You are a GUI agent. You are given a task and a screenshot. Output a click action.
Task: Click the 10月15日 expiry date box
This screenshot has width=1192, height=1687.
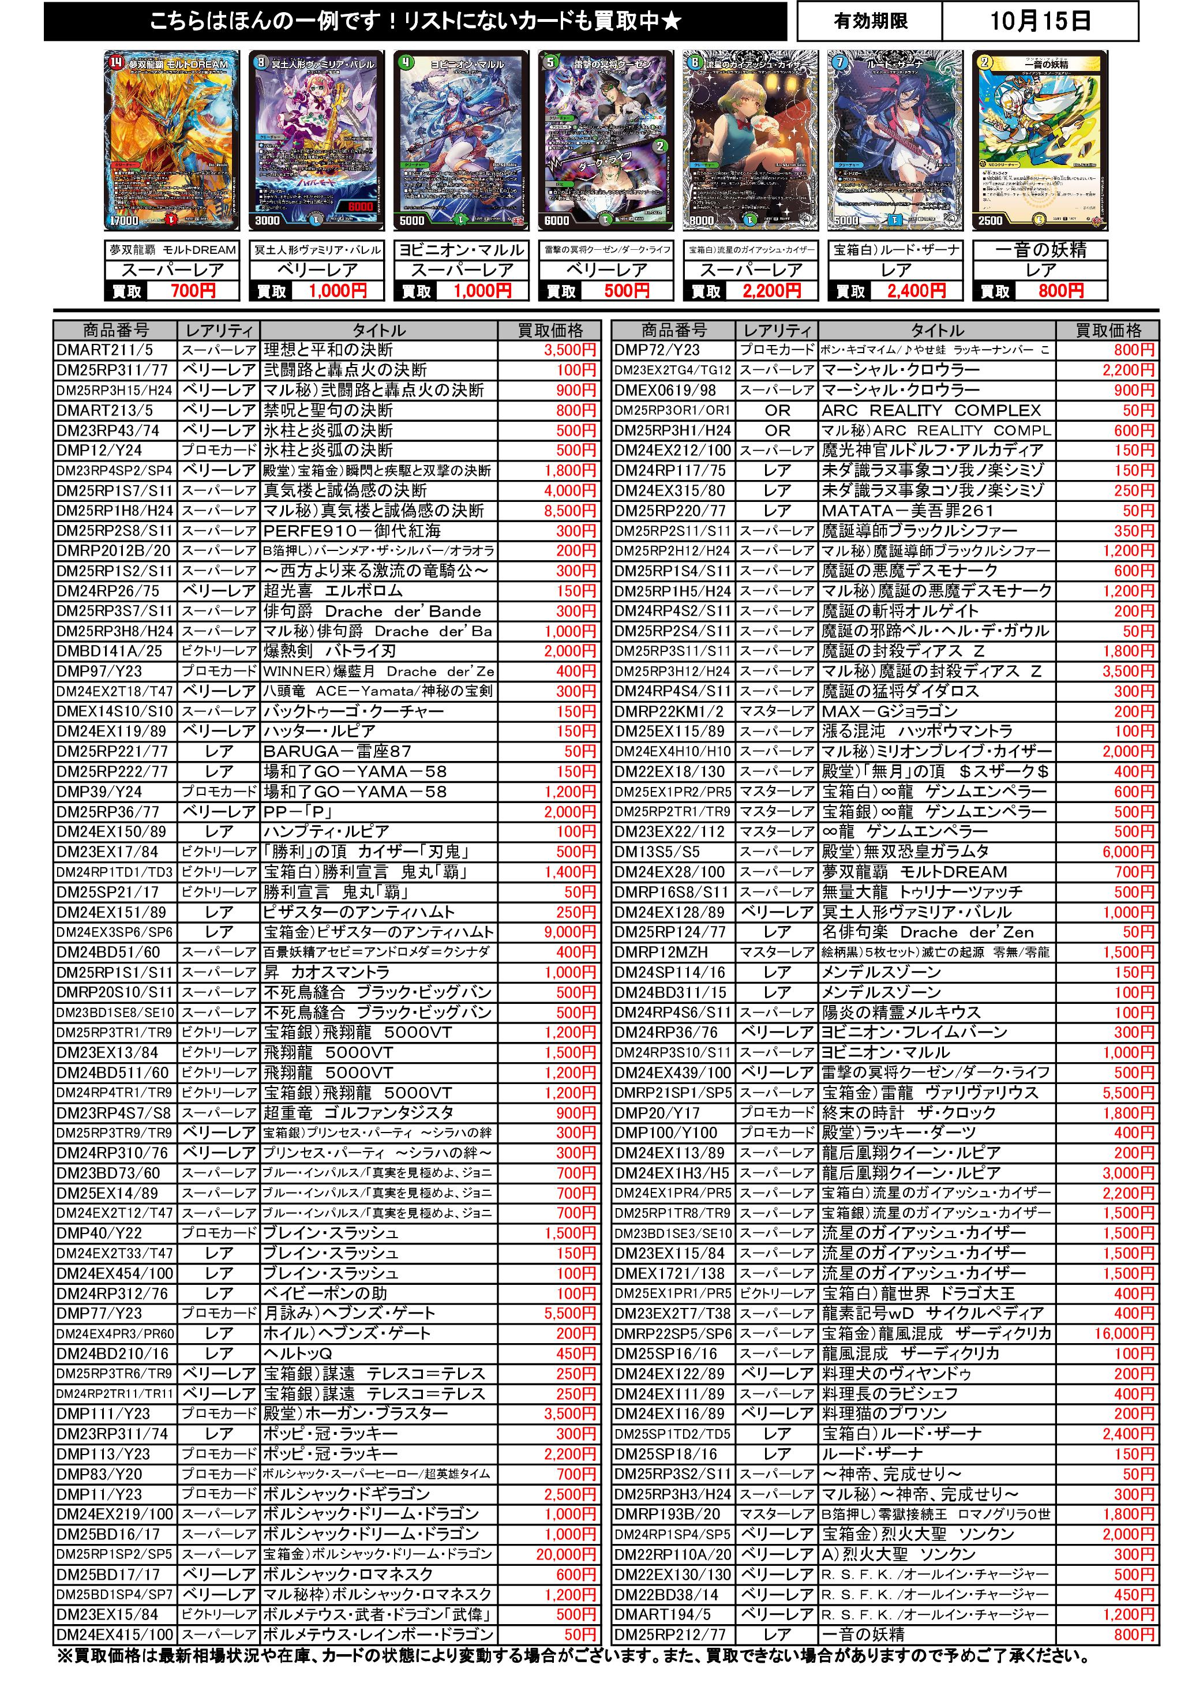[1039, 21]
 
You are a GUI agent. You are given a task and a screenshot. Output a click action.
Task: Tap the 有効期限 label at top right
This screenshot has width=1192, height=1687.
[870, 21]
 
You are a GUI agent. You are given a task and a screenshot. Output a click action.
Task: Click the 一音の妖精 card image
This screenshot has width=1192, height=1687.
[1039, 140]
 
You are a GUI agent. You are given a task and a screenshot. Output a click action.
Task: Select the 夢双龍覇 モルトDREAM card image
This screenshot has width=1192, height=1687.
[172, 140]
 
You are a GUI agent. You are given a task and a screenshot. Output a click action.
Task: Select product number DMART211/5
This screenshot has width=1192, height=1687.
[104, 350]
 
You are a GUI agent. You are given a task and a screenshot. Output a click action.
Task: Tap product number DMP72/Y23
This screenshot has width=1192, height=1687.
[657, 350]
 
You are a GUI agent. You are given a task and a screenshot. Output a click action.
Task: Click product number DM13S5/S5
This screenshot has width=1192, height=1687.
[657, 852]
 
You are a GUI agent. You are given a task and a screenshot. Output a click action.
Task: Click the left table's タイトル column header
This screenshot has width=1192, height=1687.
[378, 330]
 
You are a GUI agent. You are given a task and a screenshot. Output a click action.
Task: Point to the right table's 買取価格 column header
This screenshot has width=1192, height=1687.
[1108, 330]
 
